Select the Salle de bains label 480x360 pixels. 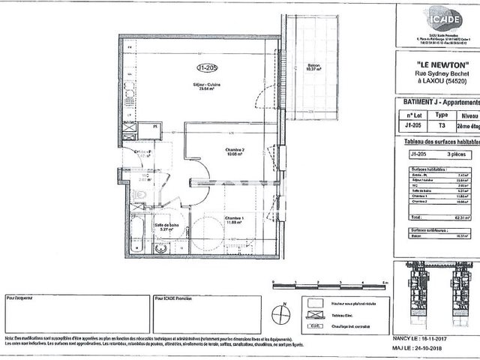click(x=166, y=225)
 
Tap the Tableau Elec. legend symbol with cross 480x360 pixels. click(x=313, y=316)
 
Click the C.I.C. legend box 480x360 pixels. click(x=313, y=326)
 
